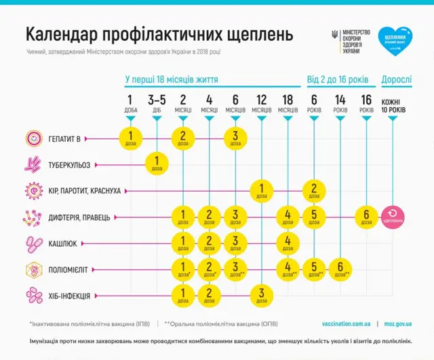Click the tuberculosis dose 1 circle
pyautogui.click(x=157, y=164)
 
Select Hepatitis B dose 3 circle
pyautogui.click(x=235, y=138)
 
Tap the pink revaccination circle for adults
pyautogui.click(x=393, y=216)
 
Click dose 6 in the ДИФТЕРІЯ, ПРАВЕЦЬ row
pyautogui.click(x=366, y=216)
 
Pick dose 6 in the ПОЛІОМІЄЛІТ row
pyautogui.click(x=340, y=268)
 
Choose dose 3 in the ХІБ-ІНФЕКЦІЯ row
pyautogui.click(x=261, y=295)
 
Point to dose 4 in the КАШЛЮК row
pyautogui.click(x=288, y=242)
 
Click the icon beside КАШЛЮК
pyautogui.click(x=33, y=243)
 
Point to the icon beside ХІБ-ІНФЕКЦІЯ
pyautogui.click(x=33, y=295)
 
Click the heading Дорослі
pyautogui.click(x=396, y=79)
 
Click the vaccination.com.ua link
pyautogui.click(x=346, y=323)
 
